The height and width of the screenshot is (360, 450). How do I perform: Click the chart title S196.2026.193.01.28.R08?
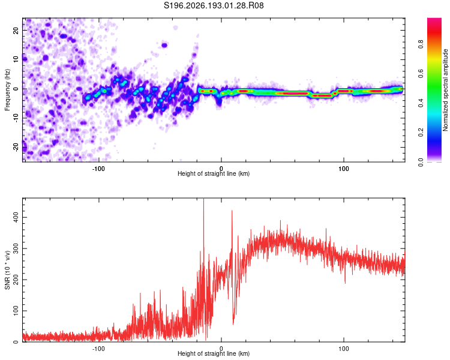[214, 5]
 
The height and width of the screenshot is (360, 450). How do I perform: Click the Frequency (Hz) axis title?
[7, 90]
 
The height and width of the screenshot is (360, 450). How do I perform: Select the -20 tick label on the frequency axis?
[16, 148]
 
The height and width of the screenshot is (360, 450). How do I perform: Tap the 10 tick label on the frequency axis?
[16, 59]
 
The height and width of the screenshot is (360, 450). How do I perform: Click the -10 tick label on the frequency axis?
[16, 118]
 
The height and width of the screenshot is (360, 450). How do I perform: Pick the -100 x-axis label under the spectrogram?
[98, 169]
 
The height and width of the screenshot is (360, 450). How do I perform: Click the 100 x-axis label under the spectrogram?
[344, 169]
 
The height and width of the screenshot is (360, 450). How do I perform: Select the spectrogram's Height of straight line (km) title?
[214, 173]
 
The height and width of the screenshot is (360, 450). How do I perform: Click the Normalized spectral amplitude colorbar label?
[445, 90]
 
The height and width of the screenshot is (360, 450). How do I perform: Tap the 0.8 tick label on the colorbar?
[421, 44]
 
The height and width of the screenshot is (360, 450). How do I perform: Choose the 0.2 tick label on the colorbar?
[421, 132]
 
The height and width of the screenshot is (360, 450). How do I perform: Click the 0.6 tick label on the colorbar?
[421, 74]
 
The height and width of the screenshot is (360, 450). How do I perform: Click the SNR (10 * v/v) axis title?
[7, 270]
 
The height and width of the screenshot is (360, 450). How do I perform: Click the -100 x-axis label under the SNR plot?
[98, 349]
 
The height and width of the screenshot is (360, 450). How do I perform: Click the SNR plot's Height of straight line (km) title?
[214, 353]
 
